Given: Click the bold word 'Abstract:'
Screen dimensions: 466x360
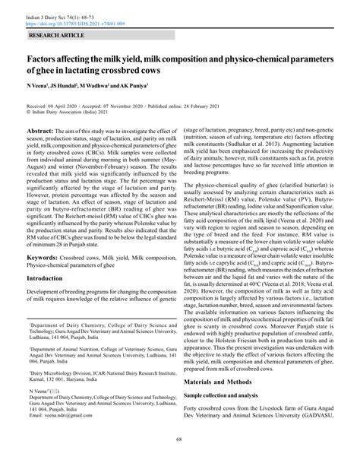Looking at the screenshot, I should (x=43, y=131).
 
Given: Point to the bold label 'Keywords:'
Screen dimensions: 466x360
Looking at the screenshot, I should (x=46, y=258).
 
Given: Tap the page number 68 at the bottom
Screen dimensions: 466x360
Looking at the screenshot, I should (x=180, y=458).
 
